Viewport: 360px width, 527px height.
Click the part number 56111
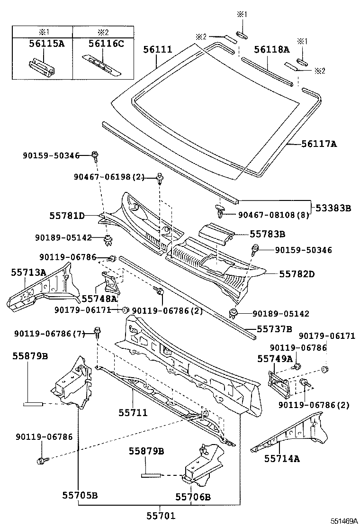pyautogui.click(x=158, y=49)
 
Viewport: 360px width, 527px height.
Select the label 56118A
pyautogui.click(x=271, y=49)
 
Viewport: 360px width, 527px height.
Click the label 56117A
pyautogui.click(x=319, y=143)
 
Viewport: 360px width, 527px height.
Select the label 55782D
pyautogui.click(x=297, y=273)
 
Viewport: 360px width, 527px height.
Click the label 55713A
pyautogui.click(x=29, y=272)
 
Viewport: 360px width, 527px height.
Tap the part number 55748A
pyautogui.click(x=99, y=299)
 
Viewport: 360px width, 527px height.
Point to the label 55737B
pyautogui.click(x=274, y=328)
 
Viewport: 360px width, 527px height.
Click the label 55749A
pyautogui.click(x=275, y=359)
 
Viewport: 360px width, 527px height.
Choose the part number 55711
pyautogui.click(x=133, y=413)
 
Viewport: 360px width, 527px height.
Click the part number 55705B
pyautogui.click(x=80, y=496)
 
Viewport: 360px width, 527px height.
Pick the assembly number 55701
pyautogui.click(x=159, y=516)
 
